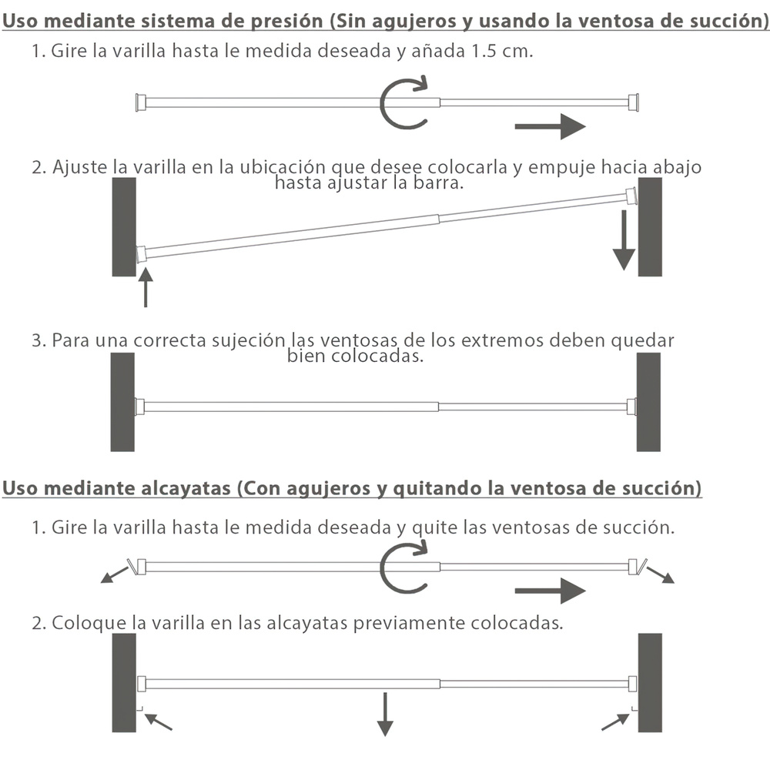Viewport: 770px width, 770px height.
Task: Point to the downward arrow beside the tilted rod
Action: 624,240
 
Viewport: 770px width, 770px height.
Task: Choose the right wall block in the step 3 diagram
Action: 648,402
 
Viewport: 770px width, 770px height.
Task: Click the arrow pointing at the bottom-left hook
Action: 159,721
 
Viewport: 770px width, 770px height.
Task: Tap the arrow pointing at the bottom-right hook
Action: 614,721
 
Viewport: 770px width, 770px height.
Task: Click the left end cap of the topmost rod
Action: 140,102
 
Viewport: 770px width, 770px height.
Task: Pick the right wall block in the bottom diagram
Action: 649,683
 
